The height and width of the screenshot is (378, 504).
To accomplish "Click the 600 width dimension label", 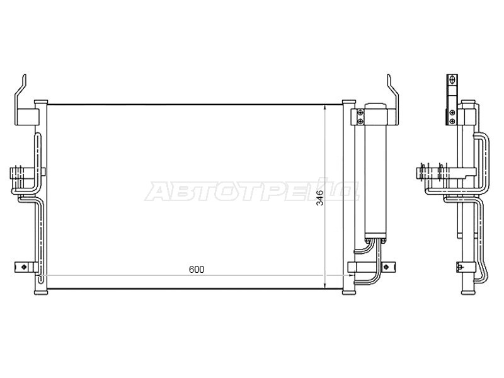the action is pyautogui.click(x=197, y=270).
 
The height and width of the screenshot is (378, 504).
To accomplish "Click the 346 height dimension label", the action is pyautogui.click(x=320, y=197).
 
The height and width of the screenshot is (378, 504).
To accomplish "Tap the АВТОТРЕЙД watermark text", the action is pyautogui.click(x=252, y=192).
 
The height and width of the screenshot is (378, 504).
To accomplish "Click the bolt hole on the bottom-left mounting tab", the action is pyautogui.click(x=23, y=267).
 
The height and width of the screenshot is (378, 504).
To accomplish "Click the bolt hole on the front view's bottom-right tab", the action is pyautogui.click(x=386, y=267).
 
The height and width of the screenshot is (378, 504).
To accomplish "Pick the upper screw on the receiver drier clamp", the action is pyautogui.click(x=360, y=113).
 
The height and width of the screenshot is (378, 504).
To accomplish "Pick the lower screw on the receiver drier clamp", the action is pyautogui.click(x=360, y=121).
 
